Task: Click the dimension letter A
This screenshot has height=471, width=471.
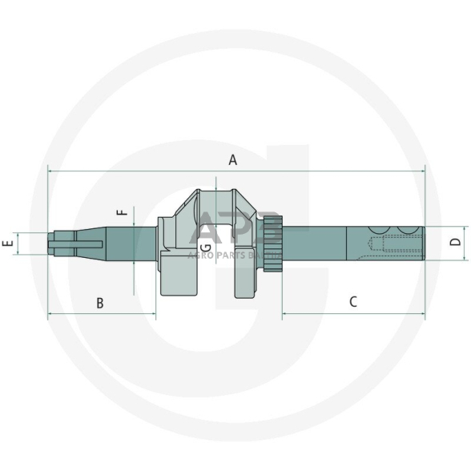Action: click(x=233, y=159)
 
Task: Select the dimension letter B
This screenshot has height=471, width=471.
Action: click(x=100, y=303)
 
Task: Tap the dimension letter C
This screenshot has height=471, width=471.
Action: click(x=352, y=302)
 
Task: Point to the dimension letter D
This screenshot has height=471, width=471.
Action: click(x=455, y=242)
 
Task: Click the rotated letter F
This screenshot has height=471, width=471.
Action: click(x=122, y=213)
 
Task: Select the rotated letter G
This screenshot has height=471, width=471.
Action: click(x=207, y=248)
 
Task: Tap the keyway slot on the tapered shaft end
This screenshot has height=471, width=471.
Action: click(x=76, y=244)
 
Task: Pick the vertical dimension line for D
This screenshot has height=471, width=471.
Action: click(x=441, y=242)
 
